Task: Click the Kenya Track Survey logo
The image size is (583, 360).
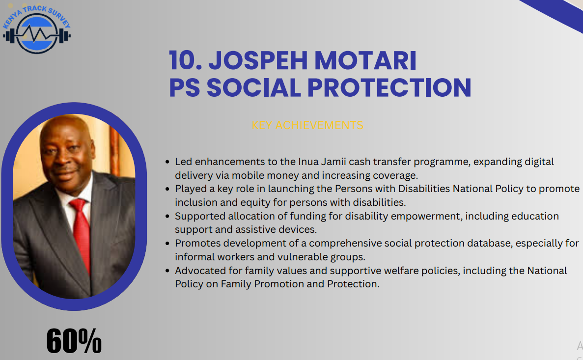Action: (36, 29)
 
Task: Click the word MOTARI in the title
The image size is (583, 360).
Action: (365, 60)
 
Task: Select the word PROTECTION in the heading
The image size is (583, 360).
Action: (389, 88)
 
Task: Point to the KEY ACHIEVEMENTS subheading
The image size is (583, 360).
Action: (307, 125)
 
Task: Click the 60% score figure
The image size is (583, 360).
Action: (74, 341)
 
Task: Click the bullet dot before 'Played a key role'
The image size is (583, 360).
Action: (167, 189)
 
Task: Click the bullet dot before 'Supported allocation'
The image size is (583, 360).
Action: (167, 217)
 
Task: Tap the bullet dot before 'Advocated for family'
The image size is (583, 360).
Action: (167, 271)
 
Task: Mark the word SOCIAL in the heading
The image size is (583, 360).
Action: (253, 88)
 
